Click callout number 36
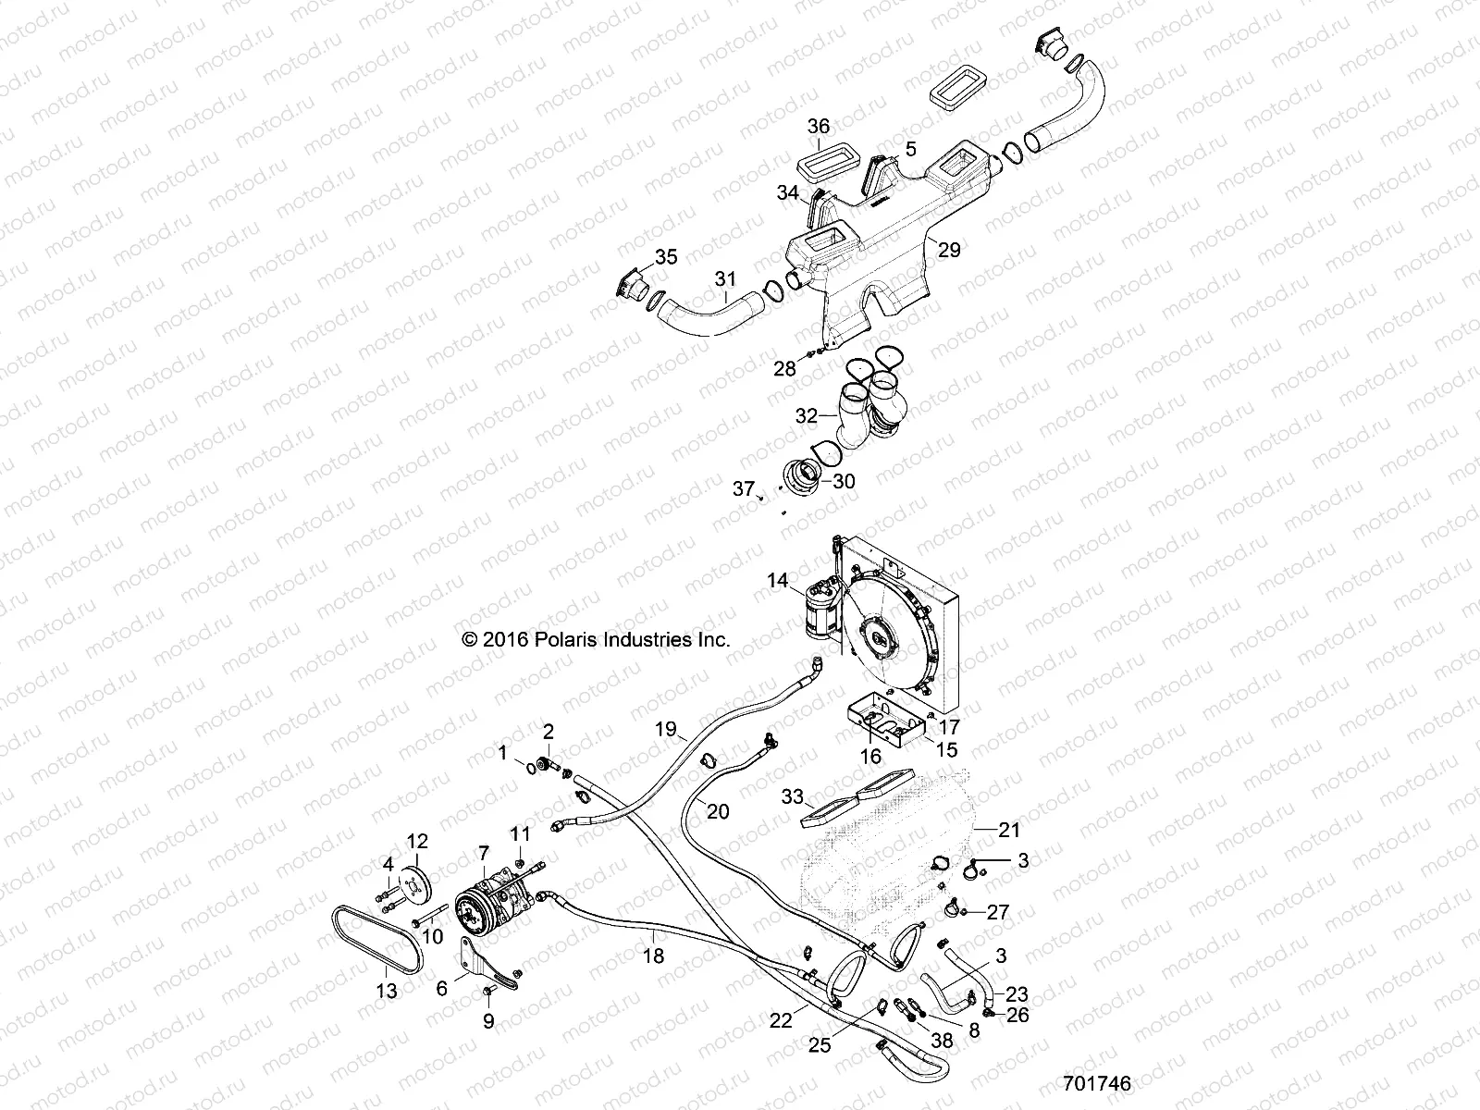click(819, 127)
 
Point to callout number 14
click(777, 581)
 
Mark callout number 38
click(941, 1040)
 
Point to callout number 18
click(653, 956)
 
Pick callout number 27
click(997, 912)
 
